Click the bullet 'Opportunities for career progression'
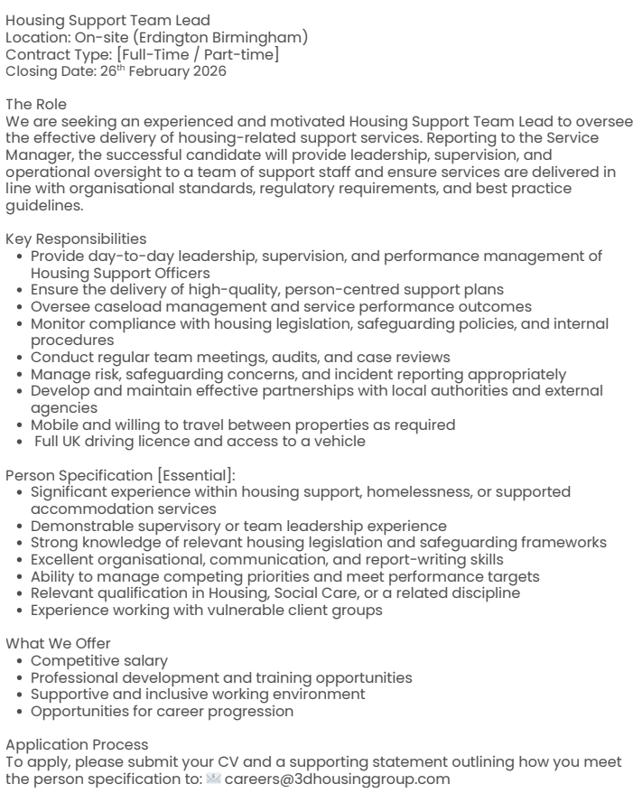tap(163, 712)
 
